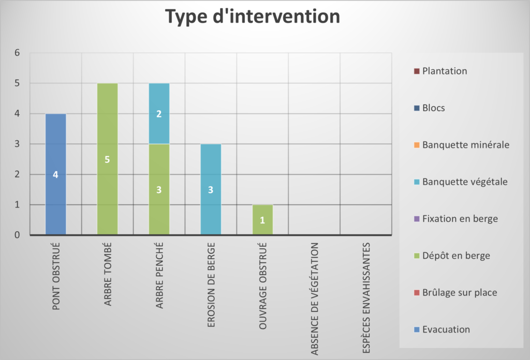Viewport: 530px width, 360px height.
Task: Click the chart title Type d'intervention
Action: (253, 17)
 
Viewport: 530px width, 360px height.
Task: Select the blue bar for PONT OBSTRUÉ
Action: (56, 174)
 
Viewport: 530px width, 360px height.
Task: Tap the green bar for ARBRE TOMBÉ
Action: (108, 159)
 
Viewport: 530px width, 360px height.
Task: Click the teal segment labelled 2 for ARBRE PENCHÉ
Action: (159, 114)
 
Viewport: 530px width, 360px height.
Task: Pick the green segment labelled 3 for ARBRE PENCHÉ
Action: (159, 189)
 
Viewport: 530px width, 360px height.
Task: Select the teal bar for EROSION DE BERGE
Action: (211, 189)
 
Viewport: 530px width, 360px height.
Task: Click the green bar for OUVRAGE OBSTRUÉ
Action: (262, 219)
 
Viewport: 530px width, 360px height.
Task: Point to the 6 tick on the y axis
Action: (17, 53)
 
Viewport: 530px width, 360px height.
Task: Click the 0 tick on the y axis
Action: (17, 235)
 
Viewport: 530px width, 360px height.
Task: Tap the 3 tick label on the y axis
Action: (17, 144)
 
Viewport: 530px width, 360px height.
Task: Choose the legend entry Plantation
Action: (441, 71)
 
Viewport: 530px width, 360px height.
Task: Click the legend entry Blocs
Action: (430, 108)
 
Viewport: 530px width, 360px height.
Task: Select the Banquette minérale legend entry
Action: (462, 145)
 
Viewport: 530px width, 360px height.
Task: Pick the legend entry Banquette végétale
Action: (461, 182)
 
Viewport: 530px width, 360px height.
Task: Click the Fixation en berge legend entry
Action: (456, 219)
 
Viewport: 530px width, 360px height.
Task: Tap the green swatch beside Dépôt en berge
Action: (417, 256)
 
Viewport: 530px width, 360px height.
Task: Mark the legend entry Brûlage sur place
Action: (455, 292)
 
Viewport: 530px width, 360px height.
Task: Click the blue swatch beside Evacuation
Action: (417, 329)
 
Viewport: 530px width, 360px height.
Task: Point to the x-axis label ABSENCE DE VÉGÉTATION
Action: (315, 299)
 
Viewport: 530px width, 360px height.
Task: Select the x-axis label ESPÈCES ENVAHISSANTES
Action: (366, 298)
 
